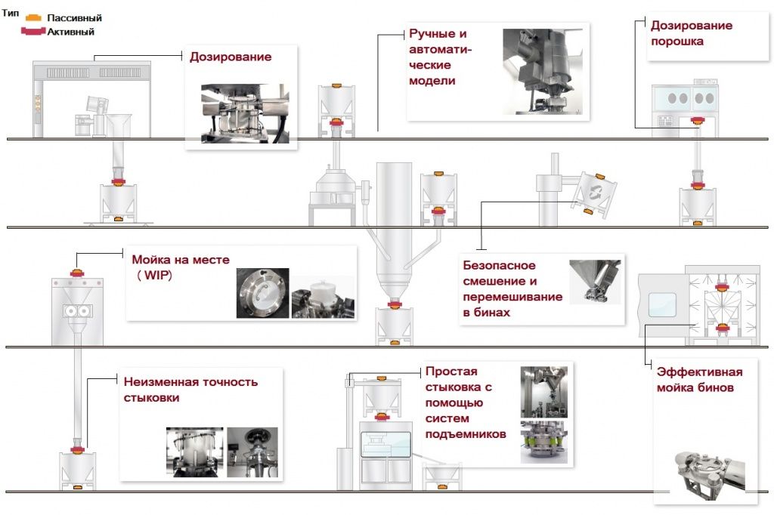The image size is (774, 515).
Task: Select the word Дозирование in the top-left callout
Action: point(231,57)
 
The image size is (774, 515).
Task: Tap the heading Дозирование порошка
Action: point(691,33)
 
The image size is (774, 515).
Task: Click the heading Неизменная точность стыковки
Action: point(190,389)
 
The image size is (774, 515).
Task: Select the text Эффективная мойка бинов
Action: point(699,380)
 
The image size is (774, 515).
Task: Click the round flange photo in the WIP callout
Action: point(262,293)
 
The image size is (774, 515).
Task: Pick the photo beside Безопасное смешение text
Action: point(594,282)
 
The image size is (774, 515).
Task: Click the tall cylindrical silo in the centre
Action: point(394,227)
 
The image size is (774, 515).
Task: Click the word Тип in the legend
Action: point(11,14)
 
